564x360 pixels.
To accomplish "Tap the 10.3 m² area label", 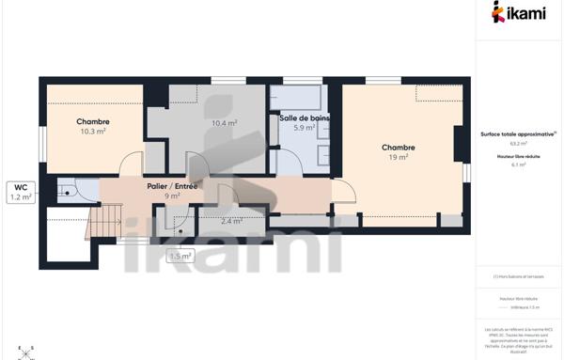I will [x=93, y=132].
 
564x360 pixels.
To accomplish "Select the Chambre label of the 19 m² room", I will [x=399, y=148].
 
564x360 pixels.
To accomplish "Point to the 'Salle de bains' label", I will [x=303, y=117].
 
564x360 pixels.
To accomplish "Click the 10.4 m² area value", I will [x=224, y=123].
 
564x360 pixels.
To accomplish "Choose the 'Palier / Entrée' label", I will [x=174, y=185].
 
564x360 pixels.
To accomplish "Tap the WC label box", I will [x=21, y=192].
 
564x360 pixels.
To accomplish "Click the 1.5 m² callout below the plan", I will [x=180, y=256].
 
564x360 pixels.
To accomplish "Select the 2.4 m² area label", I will [x=231, y=222].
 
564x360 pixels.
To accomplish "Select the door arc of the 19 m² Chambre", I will [x=345, y=191].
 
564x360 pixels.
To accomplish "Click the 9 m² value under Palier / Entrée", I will [x=174, y=196].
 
